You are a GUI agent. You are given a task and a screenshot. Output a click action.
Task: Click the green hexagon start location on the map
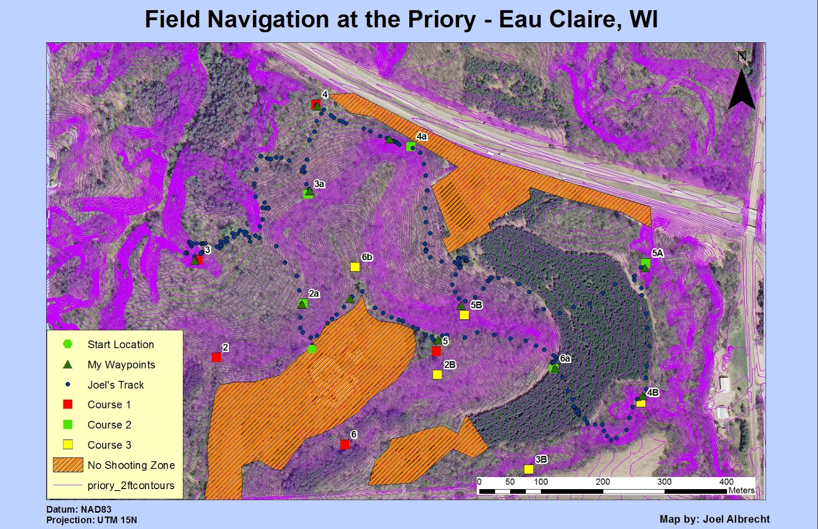(312, 349)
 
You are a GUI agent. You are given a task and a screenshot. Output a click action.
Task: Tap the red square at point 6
(345, 445)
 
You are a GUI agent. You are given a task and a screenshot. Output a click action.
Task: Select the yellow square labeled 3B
(529, 469)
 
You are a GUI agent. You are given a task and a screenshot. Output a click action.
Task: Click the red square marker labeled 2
(216, 357)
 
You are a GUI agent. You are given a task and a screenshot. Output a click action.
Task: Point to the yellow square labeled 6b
(355, 267)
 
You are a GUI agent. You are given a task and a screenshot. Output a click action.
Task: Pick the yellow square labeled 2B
(437, 375)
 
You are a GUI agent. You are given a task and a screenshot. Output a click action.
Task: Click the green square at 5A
(646, 263)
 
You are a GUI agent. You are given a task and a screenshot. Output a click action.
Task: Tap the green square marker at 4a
(411, 147)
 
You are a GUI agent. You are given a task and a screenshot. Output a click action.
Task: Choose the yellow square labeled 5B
(464, 315)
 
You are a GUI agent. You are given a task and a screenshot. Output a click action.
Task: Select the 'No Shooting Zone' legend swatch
(68, 465)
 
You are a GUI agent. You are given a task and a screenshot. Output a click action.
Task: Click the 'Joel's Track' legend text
(116, 385)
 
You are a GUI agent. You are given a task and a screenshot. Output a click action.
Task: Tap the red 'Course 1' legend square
(67, 404)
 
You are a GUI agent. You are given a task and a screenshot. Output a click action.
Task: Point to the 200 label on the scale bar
(603, 481)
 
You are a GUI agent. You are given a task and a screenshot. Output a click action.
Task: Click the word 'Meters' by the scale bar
(741, 491)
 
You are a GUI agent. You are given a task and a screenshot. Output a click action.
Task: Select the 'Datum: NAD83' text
(79, 510)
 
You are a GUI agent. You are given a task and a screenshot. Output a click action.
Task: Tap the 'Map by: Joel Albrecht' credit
(715, 519)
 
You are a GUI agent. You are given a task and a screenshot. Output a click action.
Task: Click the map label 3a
(320, 184)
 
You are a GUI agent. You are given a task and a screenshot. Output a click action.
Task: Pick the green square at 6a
(553, 368)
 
